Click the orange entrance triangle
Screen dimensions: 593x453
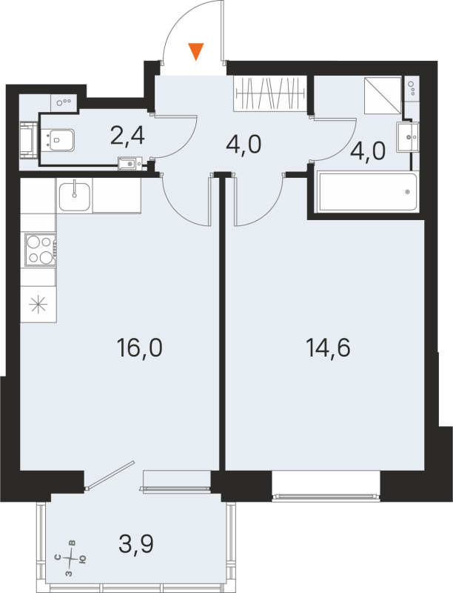coord(195,51)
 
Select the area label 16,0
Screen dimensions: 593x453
coord(139,346)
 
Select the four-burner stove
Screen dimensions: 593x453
coord(38,250)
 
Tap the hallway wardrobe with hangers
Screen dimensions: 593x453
coord(269,93)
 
